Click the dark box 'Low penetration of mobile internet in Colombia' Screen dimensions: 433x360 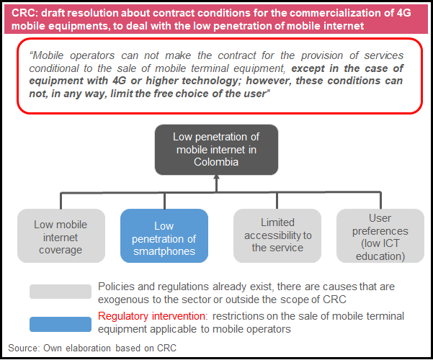[216, 150]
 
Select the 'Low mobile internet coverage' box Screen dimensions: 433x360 [61, 235]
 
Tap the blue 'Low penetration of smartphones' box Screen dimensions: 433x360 [164, 235]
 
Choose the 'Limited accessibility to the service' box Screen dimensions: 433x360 [277, 235]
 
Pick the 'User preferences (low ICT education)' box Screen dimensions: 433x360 [380, 235]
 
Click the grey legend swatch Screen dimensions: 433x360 [61, 292]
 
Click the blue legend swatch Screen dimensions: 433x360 [61, 324]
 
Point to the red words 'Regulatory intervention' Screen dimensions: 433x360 [151, 316]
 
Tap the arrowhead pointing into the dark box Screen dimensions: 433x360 [216, 178]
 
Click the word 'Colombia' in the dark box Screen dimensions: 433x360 [216, 162]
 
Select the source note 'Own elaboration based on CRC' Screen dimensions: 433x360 [110, 348]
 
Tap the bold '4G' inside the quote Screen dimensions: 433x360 [119, 81]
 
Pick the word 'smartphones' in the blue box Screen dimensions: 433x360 [164, 251]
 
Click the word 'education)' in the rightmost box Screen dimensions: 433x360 [380, 256]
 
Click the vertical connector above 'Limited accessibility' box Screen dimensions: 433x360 [277, 200]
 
